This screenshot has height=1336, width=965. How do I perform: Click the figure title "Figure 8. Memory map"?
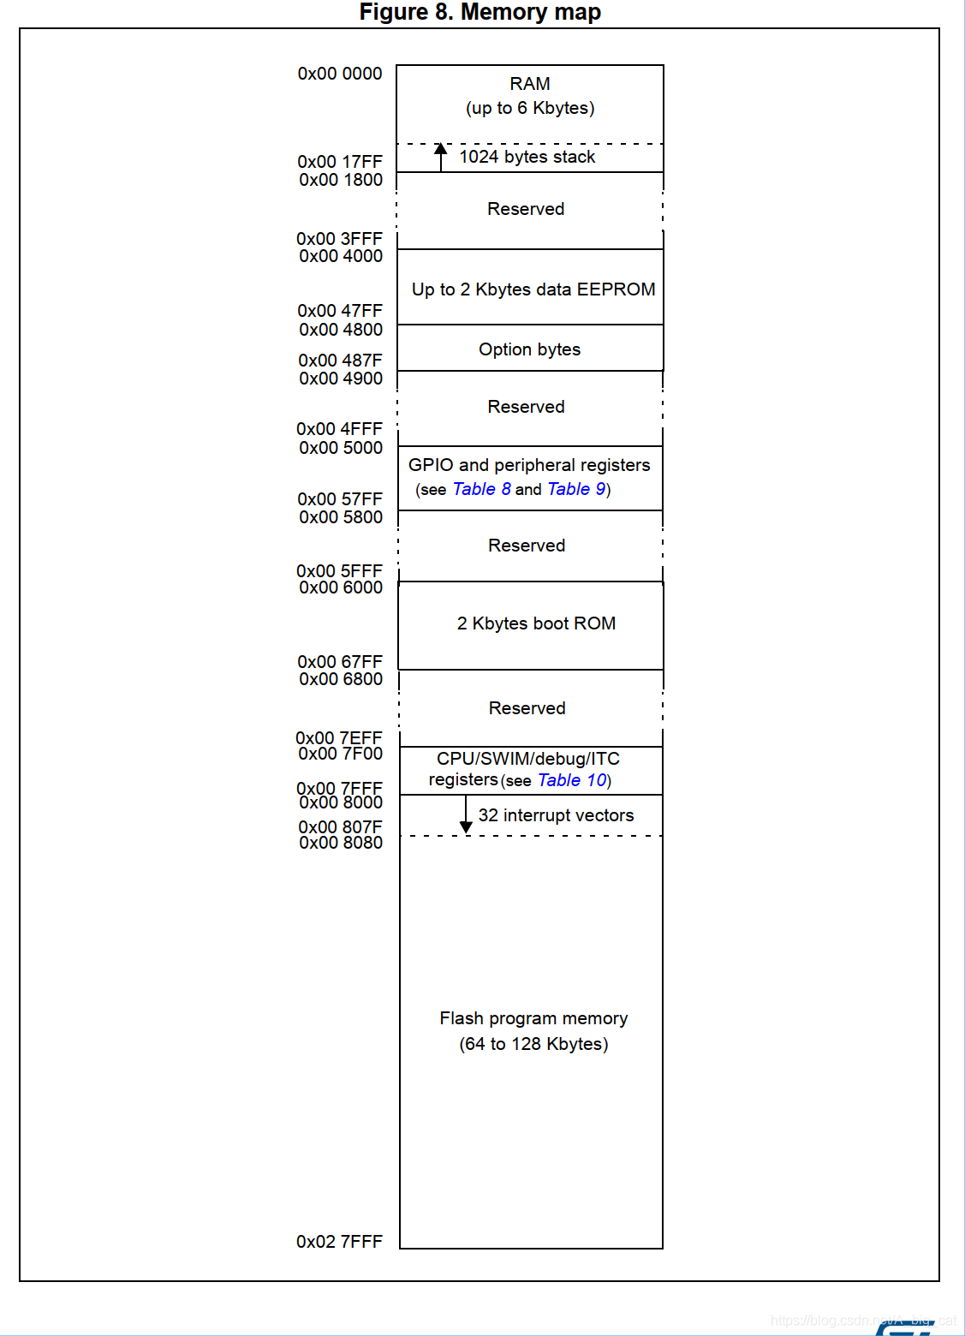480,12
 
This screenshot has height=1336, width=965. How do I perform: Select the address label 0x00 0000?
340,74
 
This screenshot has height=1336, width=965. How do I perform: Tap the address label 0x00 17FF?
340,162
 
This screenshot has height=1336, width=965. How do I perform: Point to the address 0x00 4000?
341,256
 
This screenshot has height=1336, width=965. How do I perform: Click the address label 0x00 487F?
340,361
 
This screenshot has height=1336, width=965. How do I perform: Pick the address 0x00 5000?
341,448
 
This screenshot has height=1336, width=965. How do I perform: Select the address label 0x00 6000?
341,587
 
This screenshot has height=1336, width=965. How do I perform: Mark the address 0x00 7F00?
340,754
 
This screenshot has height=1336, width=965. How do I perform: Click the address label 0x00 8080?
341,843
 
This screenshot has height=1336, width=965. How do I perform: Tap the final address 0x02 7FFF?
339,1242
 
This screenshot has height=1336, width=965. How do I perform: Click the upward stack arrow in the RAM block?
441,157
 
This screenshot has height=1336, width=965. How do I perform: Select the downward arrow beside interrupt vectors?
466,815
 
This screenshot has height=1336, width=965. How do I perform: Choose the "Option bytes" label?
529,349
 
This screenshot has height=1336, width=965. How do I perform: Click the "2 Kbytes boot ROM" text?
536,623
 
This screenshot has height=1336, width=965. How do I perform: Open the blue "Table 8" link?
481,489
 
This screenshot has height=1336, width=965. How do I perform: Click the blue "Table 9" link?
576,489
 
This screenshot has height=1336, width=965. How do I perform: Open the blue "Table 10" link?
572,780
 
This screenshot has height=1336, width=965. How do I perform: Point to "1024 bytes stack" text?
527,157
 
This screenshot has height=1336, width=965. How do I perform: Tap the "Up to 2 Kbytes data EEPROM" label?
533,289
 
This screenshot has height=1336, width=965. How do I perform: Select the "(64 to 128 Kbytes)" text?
533,1044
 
